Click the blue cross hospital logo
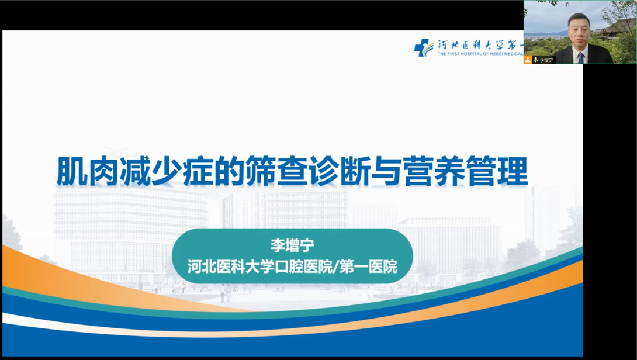(423, 48)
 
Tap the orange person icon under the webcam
(528, 60)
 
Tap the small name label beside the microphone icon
(546, 60)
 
